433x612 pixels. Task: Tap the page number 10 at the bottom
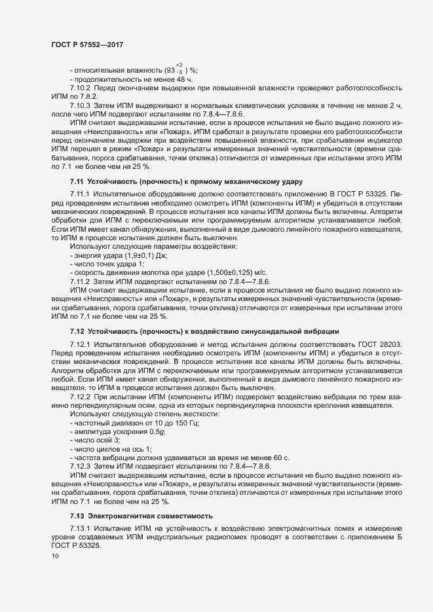(55, 556)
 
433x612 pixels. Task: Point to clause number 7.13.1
(81, 528)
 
